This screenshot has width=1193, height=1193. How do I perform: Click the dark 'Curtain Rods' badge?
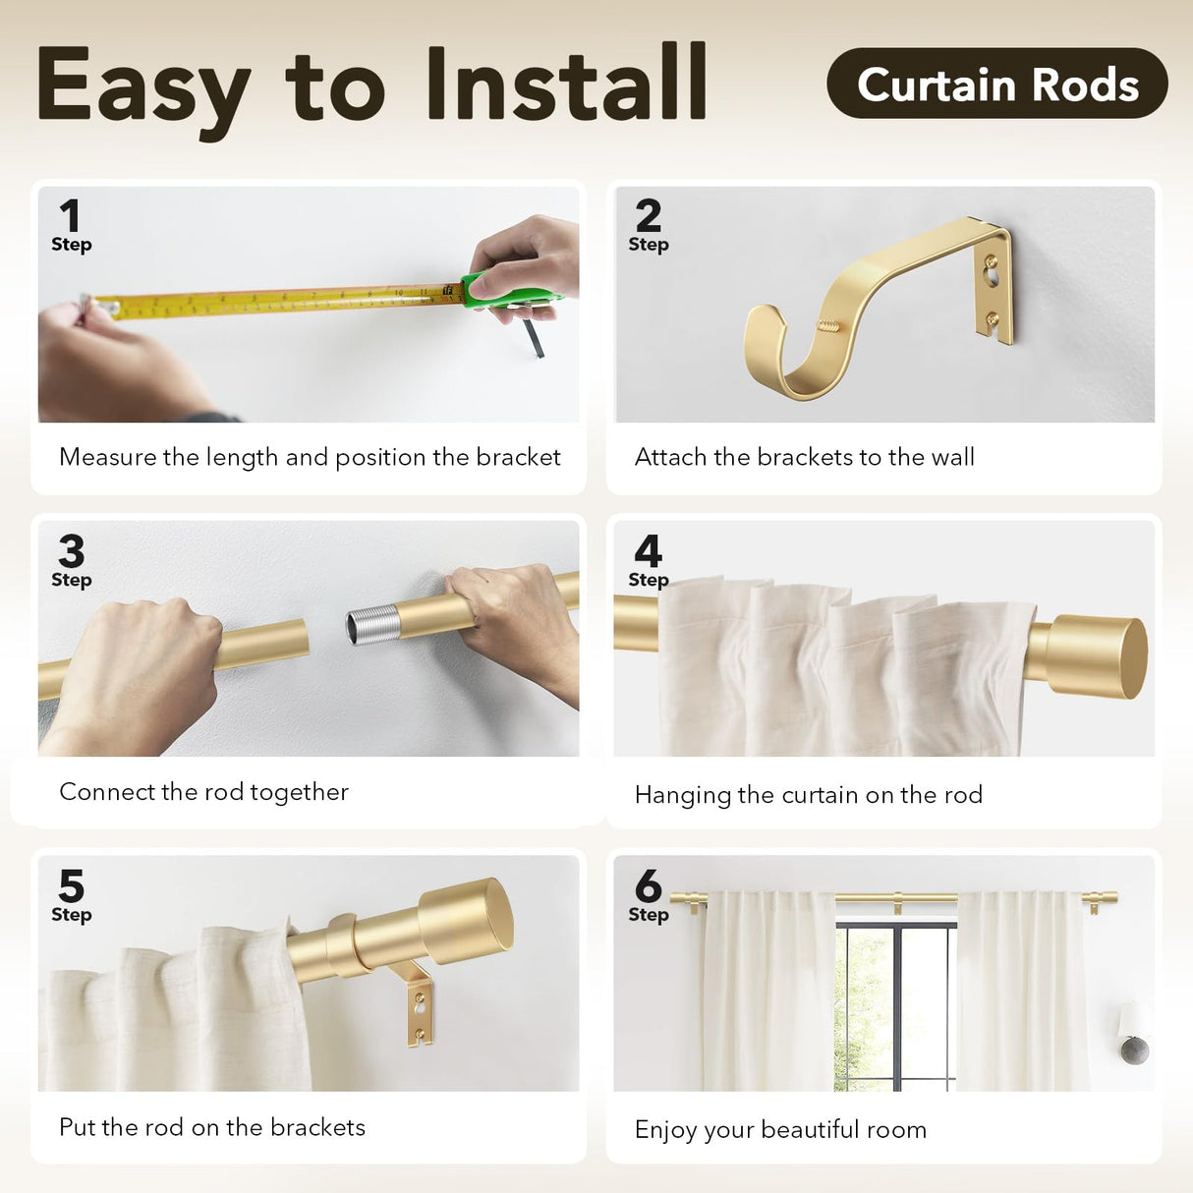point(996,84)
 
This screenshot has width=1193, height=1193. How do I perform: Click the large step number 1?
point(69,214)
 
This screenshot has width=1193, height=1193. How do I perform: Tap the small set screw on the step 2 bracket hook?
point(830,323)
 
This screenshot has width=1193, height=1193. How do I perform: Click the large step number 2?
point(648,214)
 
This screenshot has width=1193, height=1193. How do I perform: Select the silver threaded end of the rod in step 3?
point(373,624)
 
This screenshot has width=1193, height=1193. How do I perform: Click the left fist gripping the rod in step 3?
point(147,668)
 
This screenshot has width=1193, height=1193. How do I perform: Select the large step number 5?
point(71,885)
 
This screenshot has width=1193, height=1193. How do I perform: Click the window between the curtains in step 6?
point(894,1007)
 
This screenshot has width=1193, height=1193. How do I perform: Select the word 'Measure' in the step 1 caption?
point(107,457)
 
